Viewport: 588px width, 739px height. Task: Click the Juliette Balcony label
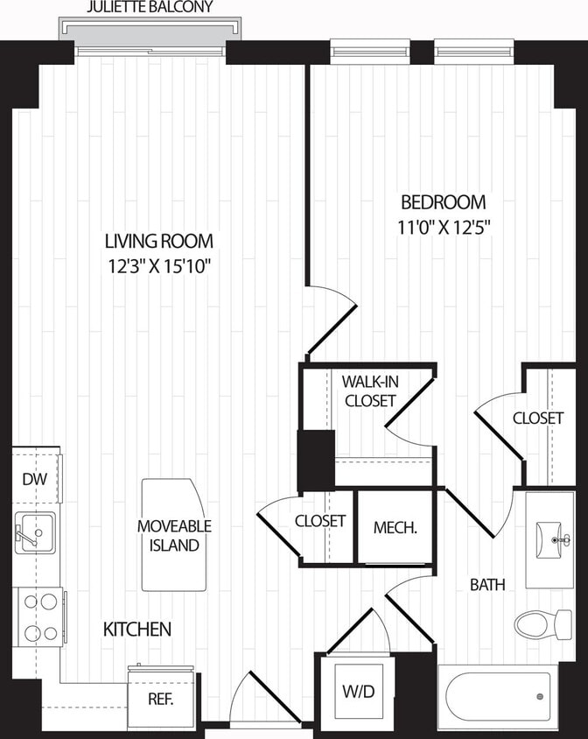pyautogui.click(x=150, y=8)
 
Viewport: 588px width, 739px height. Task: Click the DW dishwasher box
pyautogui.click(x=34, y=479)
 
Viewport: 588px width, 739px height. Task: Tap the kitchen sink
pyautogui.click(x=35, y=531)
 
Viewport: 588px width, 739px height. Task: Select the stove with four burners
pyautogui.click(x=38, y=616)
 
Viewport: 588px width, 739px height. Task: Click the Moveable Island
pyautogui.click(x=174, y=534)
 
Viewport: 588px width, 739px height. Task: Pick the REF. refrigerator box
pyautogui.click(x=160, y=699)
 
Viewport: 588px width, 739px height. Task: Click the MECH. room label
pyautogui.click(x=394, y=528)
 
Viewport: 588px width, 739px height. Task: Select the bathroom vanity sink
pyautogui.click(x=549, y=538)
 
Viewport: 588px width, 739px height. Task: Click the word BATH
pyautogui.click(x=487, y=585)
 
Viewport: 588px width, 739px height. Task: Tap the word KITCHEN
pyautogui.click(x=137, y=630)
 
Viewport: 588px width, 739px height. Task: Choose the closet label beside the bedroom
pyautogui.click(x=537, y=419)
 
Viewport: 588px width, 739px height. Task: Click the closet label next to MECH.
pyautogui.click(x=320, y=521)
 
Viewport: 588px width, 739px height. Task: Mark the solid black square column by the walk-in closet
pyautogui.click(x=316, y=460)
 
